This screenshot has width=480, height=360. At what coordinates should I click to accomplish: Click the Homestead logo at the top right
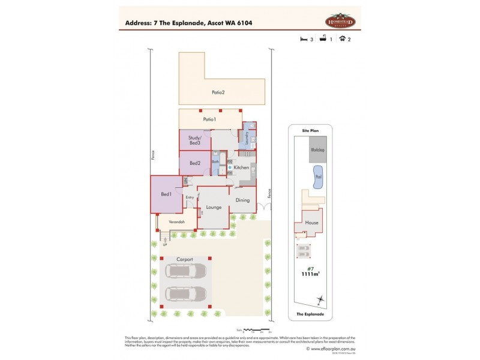pos(340,21)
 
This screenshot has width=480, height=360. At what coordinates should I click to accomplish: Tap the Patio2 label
pos(218,92)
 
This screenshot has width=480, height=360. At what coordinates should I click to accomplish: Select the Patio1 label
pos(209,120)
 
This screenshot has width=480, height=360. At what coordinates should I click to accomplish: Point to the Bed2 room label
pos(194,163)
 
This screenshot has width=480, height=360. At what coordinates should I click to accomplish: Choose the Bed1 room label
pos(166,194)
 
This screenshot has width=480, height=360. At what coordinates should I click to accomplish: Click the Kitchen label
pos(242,167)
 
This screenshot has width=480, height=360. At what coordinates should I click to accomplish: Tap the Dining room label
pos(242,200)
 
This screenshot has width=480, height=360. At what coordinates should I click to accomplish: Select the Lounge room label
pos(214,207)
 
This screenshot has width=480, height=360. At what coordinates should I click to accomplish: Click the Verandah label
pos(176,222)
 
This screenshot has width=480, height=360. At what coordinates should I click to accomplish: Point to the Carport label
pos(185,259)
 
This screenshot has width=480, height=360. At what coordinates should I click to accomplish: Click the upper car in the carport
pos(186,271)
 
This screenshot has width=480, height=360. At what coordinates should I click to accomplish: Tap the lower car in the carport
pos(186,294)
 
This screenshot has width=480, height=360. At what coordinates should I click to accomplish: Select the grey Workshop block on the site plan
pos(317,150)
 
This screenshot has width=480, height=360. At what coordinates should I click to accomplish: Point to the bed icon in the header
pos(304,39)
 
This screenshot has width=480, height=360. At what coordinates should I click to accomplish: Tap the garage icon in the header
pos(342,39)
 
